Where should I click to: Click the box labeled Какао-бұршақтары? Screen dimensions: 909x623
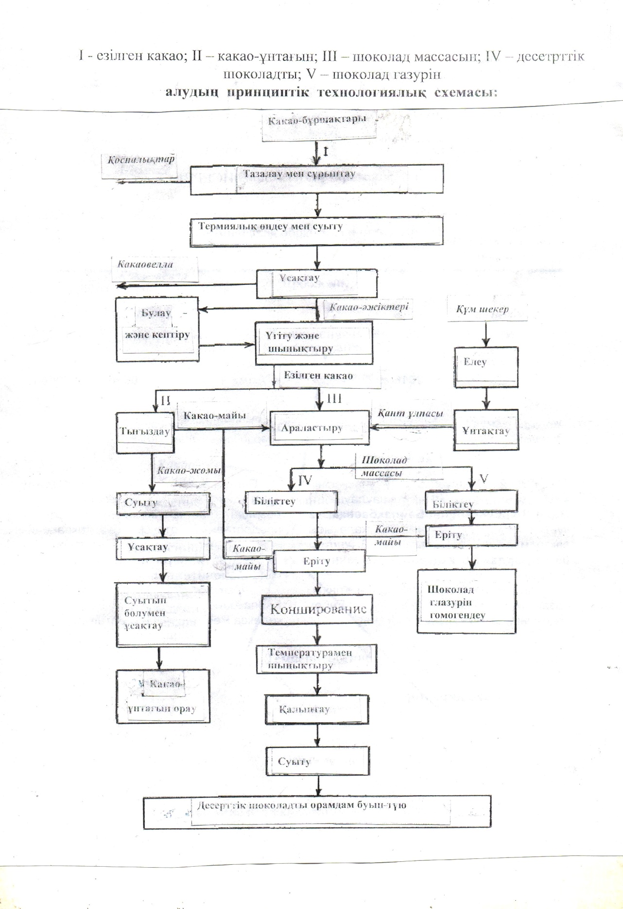[319, 126]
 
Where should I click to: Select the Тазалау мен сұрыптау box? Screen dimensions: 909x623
[316, 179]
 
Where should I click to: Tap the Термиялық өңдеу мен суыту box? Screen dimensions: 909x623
[316, 231]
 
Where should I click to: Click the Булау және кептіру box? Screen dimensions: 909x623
[157, 329]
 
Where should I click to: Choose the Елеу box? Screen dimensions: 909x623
[486, 367]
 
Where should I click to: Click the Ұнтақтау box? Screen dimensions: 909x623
[486, 431]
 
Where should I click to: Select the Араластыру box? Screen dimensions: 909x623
[319, 428]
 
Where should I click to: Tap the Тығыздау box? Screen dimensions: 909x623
[145, 433]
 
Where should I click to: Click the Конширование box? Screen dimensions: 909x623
[318, 609]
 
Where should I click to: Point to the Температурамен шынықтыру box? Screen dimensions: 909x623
[316, 659]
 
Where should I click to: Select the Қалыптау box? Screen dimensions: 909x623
[316, 710]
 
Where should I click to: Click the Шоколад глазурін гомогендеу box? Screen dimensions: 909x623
[466, 601]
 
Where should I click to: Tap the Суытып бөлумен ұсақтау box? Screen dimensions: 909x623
[163, 615]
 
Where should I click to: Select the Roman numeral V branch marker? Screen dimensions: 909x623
[484, 479]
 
